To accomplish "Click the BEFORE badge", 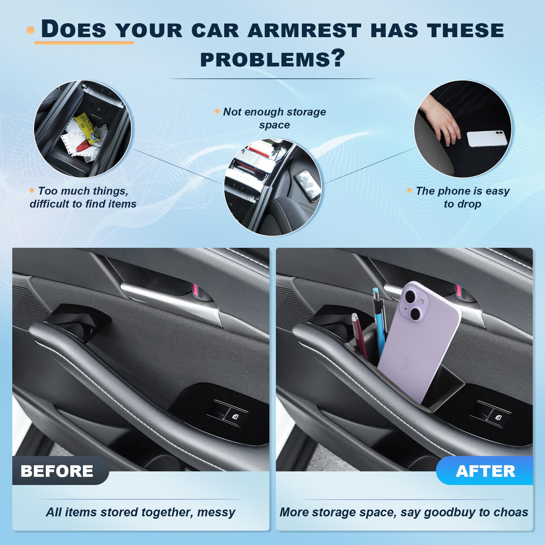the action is [57, 471].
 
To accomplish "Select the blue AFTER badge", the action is [485, 471].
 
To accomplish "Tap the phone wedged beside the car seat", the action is [308, 186].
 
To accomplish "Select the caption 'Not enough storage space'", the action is [274, 118].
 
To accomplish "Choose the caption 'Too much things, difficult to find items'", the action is [83, 197].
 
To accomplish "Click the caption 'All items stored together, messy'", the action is [141, 512].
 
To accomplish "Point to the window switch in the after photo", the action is [491, 413].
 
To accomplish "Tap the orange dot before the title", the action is [31, 30].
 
